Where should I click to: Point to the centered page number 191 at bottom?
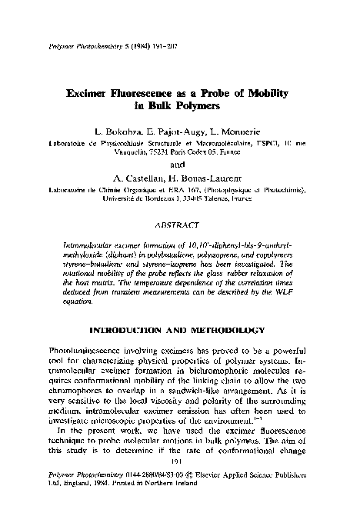coord(180,484)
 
